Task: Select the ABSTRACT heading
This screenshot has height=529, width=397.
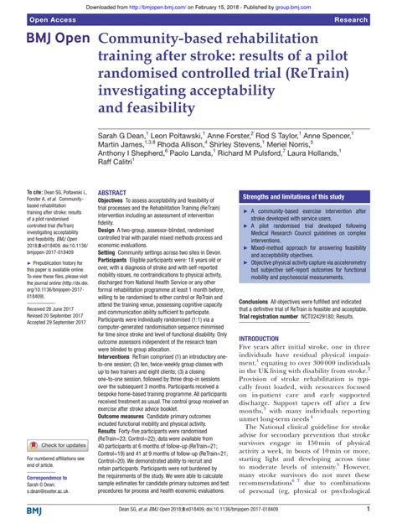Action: tap(112, 192)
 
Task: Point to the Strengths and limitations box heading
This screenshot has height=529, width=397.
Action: tap(293, 196)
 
